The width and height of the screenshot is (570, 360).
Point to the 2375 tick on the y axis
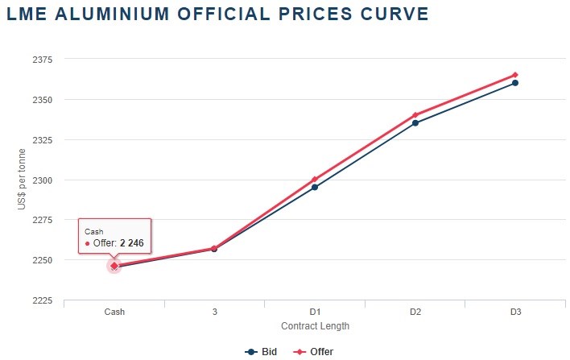pos(42,60)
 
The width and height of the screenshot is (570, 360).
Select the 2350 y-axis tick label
pos(42,100)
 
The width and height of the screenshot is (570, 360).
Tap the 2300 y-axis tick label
pos(42,180)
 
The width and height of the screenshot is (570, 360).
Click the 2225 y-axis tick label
pos(42,300)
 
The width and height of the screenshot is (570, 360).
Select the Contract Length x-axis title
pos(315,326)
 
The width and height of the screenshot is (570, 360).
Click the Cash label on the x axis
pos(114,312)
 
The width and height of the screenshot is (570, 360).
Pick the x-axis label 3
pos(214,312)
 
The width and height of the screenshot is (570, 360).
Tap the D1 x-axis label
pos(315,312)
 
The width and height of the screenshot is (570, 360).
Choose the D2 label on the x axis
pos(415,312)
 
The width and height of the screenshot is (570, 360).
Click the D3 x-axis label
pos(515,312)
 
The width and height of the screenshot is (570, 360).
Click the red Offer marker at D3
pos(515,75)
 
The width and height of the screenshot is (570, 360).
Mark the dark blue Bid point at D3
pos(515,83)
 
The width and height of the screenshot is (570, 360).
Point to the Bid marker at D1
pos(315,188)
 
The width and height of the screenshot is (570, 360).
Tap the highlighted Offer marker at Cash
pos(114,265)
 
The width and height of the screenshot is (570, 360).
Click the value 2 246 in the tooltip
pos(131,242)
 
